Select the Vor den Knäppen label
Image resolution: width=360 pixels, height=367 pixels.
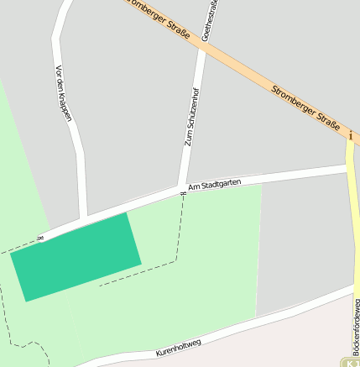[x=63, y=91]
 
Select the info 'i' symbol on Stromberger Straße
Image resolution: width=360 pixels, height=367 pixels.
[x=350, y=134]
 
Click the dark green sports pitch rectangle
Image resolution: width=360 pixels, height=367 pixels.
[x=76, y=255]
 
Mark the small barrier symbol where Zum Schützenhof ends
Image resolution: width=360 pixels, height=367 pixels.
[x=182, y=195]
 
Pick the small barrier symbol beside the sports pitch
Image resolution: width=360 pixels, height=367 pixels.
[x=39, y=239]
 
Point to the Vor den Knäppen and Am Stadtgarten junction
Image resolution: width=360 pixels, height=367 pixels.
[x=83, y=220]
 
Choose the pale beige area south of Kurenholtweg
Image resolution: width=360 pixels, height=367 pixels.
[x=252, y=344]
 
